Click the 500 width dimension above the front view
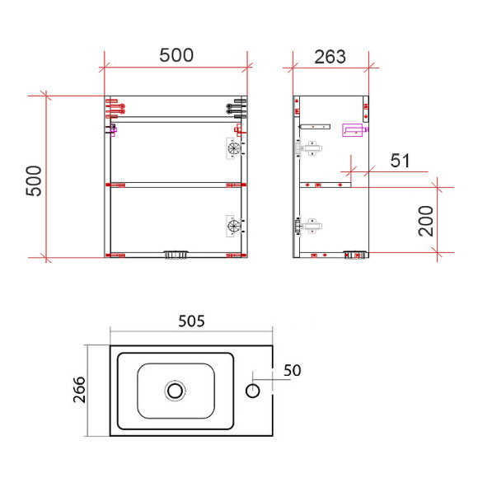coord(176,55)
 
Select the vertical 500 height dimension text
coord(34,180)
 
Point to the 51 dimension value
coord(400,161)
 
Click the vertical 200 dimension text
coord(426,220)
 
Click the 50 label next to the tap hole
coord(292,371)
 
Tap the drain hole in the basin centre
coord(175,389)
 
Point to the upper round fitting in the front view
coord(233,149)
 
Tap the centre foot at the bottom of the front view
coord(176,255)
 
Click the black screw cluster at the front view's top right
coord(236,108)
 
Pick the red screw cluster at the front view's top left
coord(114,108)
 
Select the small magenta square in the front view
coord(113,129)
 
